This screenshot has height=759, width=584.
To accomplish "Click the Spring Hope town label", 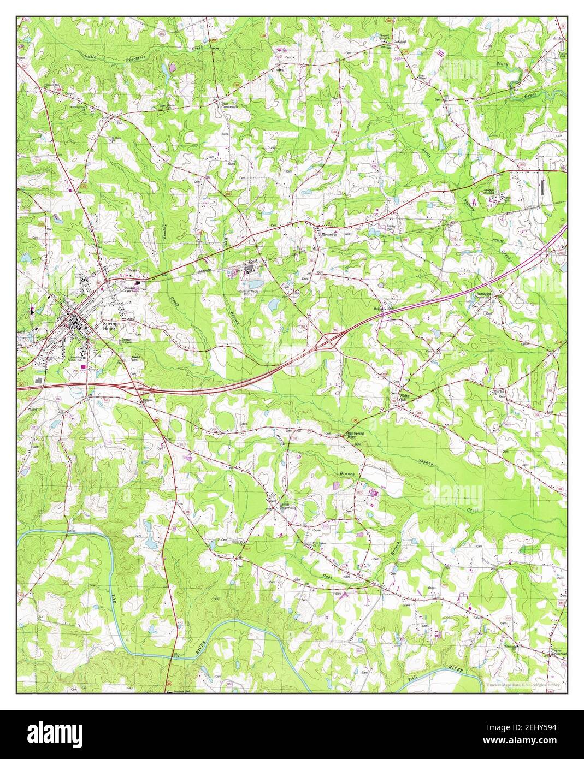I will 110,326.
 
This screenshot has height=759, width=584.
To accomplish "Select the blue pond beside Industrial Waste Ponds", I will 255,284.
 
